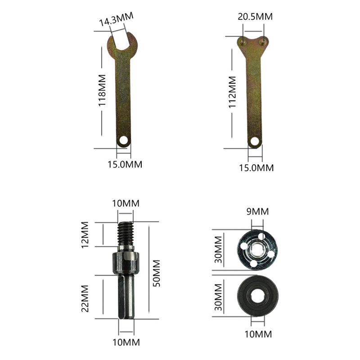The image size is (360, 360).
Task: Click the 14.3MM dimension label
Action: click(x=116, y=19)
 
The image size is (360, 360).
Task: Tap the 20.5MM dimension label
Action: click(x=255, y=17)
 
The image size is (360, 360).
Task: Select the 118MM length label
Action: click(x=102, y=90)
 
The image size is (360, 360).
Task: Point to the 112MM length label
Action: click(x=232, y=92)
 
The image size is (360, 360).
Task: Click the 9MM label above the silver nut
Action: click(x=257, y=211)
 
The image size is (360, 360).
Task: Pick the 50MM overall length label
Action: click(x=156, y=273)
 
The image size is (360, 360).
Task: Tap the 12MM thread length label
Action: click(x=85, y=234)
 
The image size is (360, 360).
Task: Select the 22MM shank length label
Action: click(x=85, y=298)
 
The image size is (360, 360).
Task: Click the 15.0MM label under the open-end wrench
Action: click(x=125, y=164)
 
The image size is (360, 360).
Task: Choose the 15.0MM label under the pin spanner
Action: click(x=256, y=168)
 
